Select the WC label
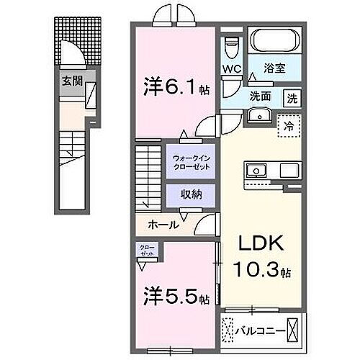(x=232, y=70)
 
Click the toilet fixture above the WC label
(x=231, y=48)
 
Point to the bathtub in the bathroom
(x=276, y=40)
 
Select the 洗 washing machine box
(x=291, y=97)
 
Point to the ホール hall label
(x=163, y=225)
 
